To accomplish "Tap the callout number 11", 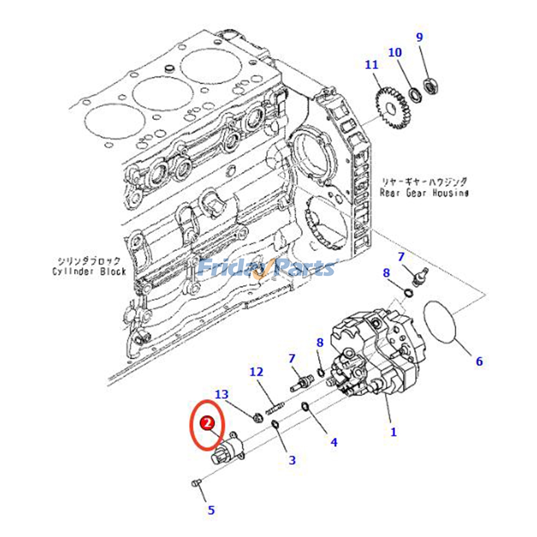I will tap(372, 64).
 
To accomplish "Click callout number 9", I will tap(420, 37).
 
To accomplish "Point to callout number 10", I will tap(395, 52).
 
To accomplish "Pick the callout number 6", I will tap(479, 361).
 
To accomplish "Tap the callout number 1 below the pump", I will tap(394, 432).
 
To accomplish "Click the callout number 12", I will tap(256, 372).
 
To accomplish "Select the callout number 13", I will tap(222, 394).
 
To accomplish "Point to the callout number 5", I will tap(211, 510).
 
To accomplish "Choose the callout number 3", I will tap(292, 460).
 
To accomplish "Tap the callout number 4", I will tap(334, 442).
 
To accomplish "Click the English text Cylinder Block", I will tap(89, 271).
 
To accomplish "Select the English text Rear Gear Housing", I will tap(424, 193).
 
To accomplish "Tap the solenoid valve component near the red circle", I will tap(228, 450).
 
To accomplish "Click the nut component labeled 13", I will tap(257, 418).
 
